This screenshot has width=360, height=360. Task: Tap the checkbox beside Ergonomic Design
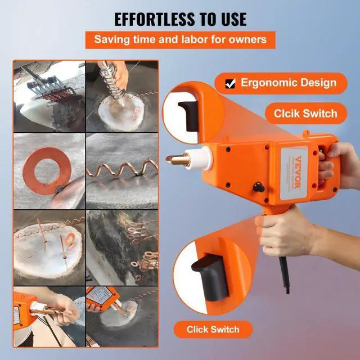click(230, 84)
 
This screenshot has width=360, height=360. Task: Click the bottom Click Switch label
click(214, 329)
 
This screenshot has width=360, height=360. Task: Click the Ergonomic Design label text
click(289, 83)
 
